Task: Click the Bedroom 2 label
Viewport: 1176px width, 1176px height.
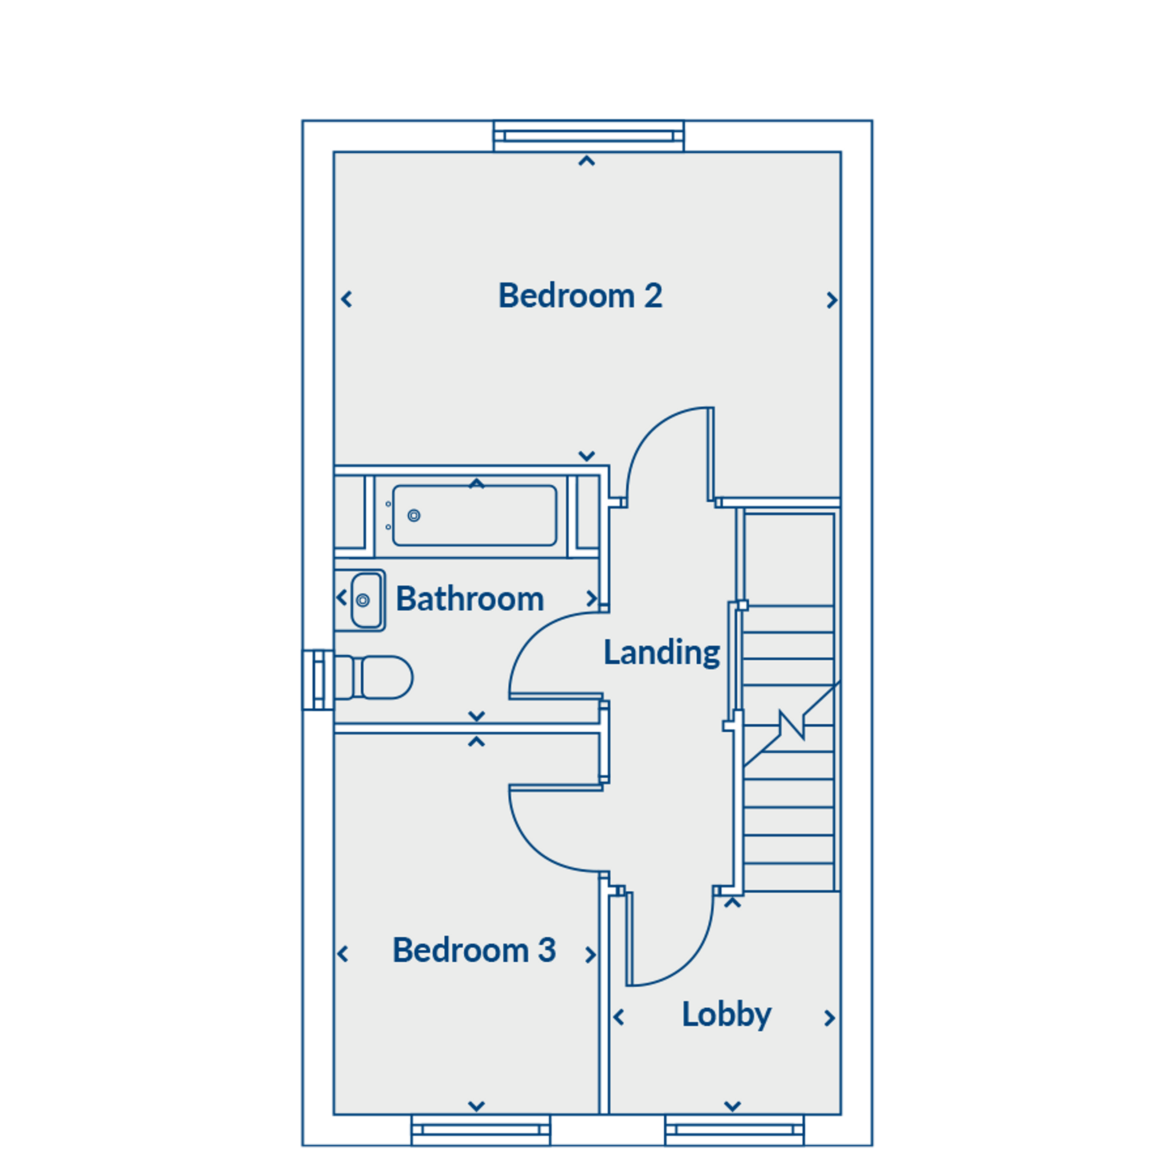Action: tap(580, 296)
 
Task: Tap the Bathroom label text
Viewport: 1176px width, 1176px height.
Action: tap(470, 599)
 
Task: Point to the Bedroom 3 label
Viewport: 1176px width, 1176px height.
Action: tap(474, 950)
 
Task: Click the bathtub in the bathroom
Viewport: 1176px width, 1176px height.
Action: tap(475, 515)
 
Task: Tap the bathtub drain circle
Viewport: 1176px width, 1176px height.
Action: tap(414, 515)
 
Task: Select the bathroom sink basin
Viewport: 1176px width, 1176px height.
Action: tap(367, 600)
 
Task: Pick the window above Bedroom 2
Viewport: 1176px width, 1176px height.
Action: tap(588, 136)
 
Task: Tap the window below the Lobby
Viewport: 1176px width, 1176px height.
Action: tap(735, 1131)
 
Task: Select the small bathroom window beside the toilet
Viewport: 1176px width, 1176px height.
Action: tap(318, 680)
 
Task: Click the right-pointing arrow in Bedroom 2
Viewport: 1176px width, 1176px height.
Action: tap(832, 300)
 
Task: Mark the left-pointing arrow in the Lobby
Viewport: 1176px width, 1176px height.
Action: tap(619, 1017)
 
